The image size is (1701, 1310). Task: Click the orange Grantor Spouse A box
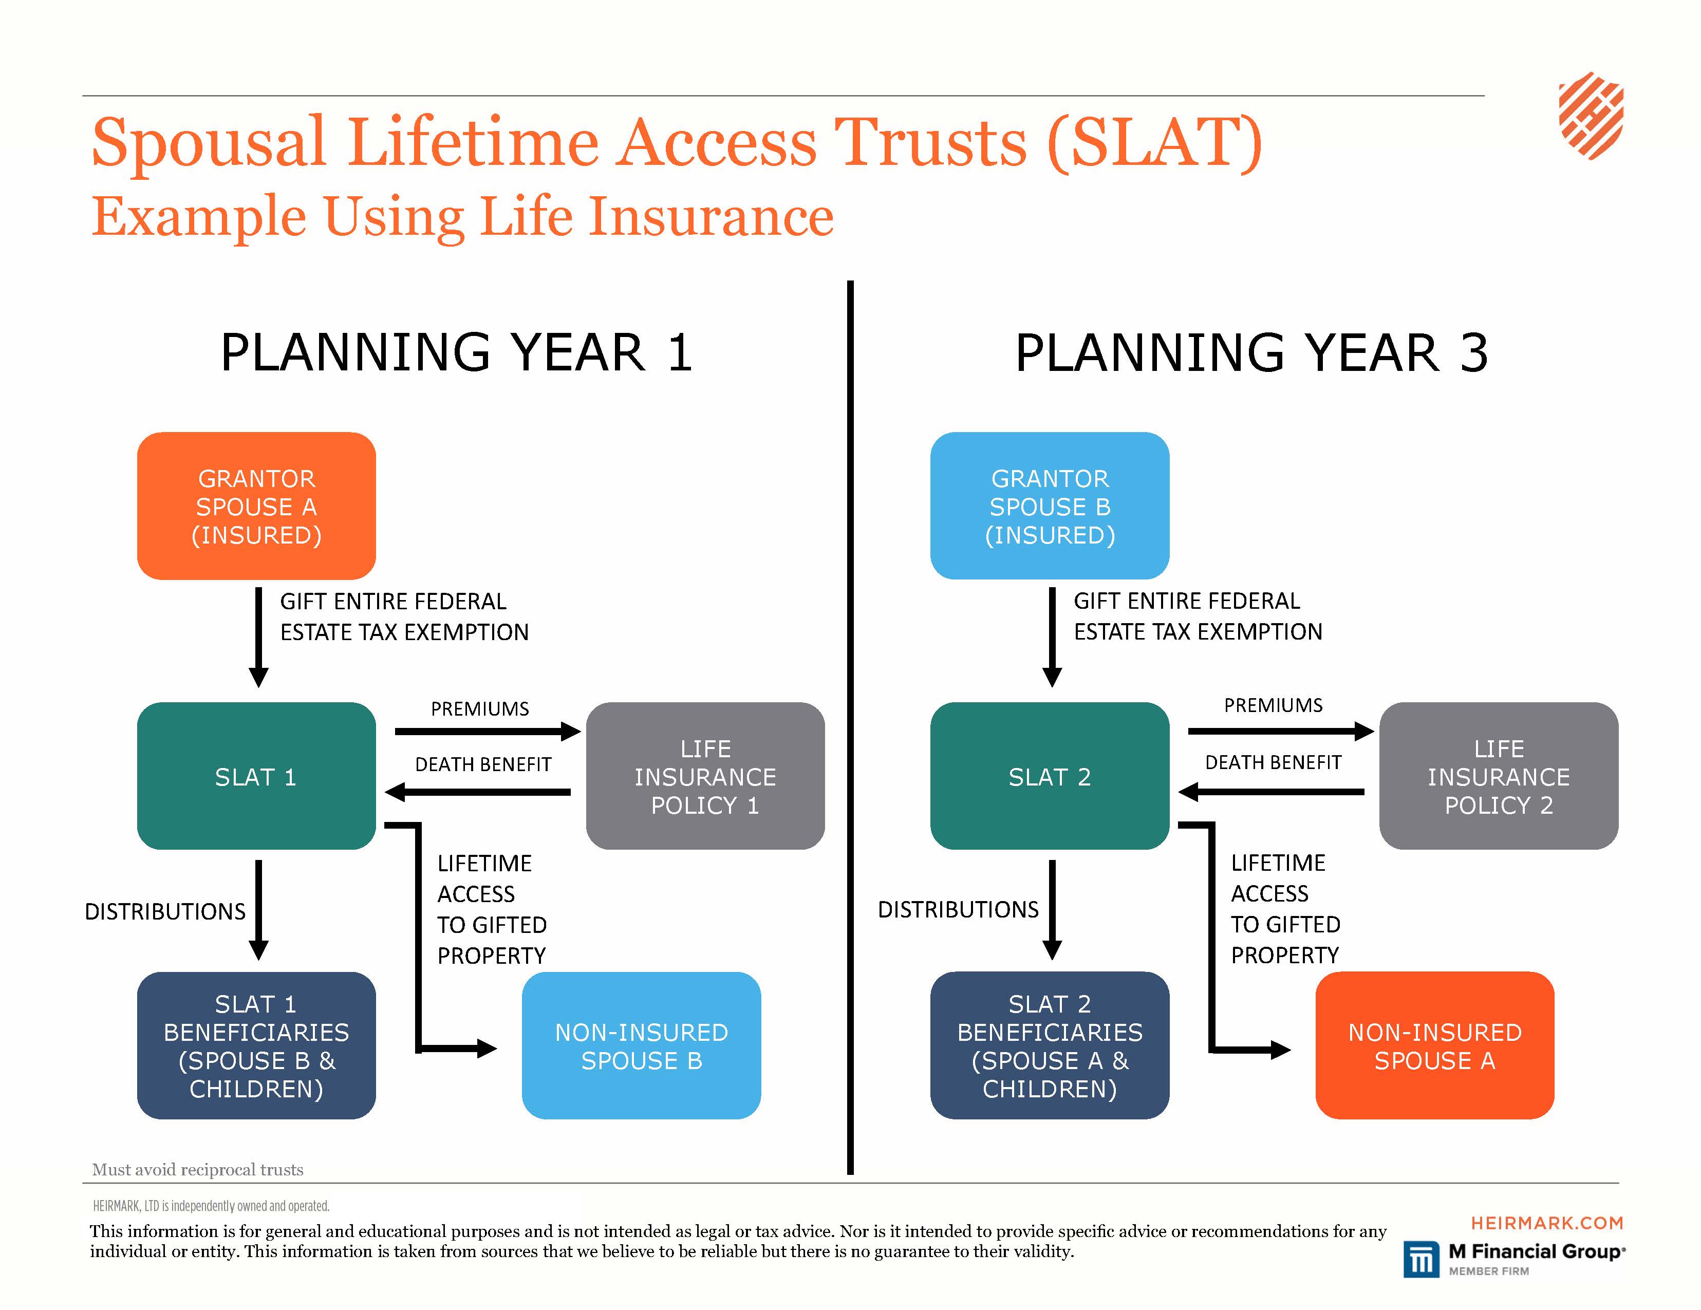click(x=256, y=506)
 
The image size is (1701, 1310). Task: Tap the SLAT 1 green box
click(x=256, y=776)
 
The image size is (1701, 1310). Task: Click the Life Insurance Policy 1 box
click(x=705, y=776)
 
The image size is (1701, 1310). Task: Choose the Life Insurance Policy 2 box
click(x=1499, y=776)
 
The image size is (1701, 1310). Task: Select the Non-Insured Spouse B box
click(x=641, y=1045)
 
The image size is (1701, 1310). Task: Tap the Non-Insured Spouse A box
click(x=1435, y=1045)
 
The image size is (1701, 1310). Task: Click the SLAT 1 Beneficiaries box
click(x=256, y=1045)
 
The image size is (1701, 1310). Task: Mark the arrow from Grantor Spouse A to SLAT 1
click(x=258, y=637)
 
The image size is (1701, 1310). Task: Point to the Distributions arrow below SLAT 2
click(x=1052, y=910)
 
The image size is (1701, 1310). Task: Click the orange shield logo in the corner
click(x=1591, y=115)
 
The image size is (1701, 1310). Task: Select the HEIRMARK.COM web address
click(x=1547, y=1223)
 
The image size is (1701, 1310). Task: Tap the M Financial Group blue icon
click(x=1422, y=1259)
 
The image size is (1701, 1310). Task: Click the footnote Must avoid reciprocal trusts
click(x=198, y=1169)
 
